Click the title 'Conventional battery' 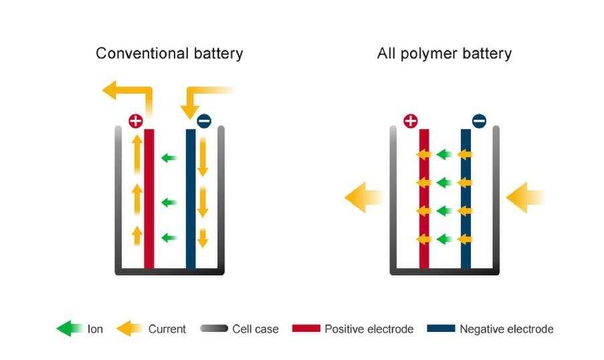[169, 53]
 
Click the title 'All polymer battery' [444, 53]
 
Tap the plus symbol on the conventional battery [136, 121]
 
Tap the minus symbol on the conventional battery [204, 121]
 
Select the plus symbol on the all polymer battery [411, 121]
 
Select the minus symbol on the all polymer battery [479, 121]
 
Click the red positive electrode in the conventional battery [149, 201]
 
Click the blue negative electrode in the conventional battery [191, 201]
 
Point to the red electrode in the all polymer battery [424, 201]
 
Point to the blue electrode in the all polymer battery [466, 201]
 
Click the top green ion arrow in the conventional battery [169, 158]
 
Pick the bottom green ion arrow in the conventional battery [169, 237]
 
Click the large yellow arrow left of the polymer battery [363, 197]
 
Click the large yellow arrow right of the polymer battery [526, 197]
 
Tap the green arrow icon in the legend [69, 329]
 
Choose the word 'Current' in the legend [167, 329]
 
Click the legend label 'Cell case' [256, 329]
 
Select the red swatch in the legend [306, 329]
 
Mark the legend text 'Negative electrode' [506, 329]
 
